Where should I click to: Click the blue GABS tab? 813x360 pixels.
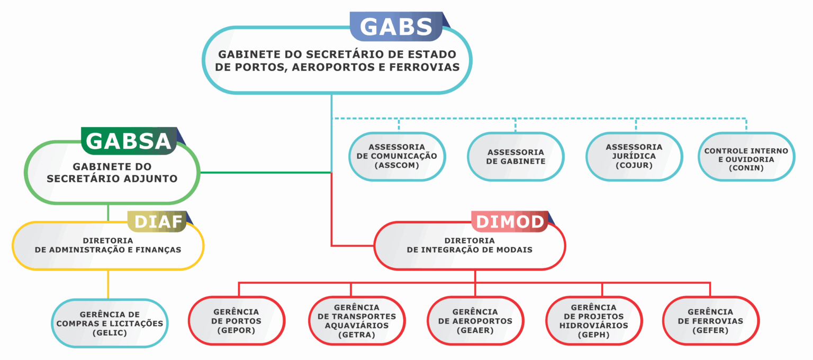click(x=396, y=26)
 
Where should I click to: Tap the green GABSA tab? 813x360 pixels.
click(x=129, y=141)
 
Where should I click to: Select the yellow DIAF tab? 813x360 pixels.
click(x=157, y=221)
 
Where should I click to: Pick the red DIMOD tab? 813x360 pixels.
click(x=510, y=221)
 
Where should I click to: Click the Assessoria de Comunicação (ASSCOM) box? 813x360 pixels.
click(x=397, y=156)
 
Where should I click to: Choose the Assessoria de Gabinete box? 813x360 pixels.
click(x=516, y=156)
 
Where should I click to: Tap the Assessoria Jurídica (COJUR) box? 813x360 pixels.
click(x=634, y=156)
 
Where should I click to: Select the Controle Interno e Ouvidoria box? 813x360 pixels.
click(x=746, y=156)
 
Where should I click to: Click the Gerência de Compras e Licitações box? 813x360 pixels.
click(x=110, y=323)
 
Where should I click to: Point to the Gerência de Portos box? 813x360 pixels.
click(x=237, y=321)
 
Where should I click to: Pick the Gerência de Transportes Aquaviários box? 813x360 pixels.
click(x=357, y=321)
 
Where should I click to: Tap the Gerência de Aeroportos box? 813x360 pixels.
click(x=475, y=321)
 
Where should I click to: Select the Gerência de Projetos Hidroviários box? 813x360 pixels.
click(x=594, y=321)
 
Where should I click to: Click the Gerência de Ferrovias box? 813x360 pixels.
click(x=711, y=321)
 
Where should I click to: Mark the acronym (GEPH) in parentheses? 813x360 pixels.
click(x=594, y=335)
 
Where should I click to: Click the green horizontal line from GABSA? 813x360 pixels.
click(x=266, y=173)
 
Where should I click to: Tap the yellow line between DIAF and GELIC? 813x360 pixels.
click(x=108, y=284)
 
